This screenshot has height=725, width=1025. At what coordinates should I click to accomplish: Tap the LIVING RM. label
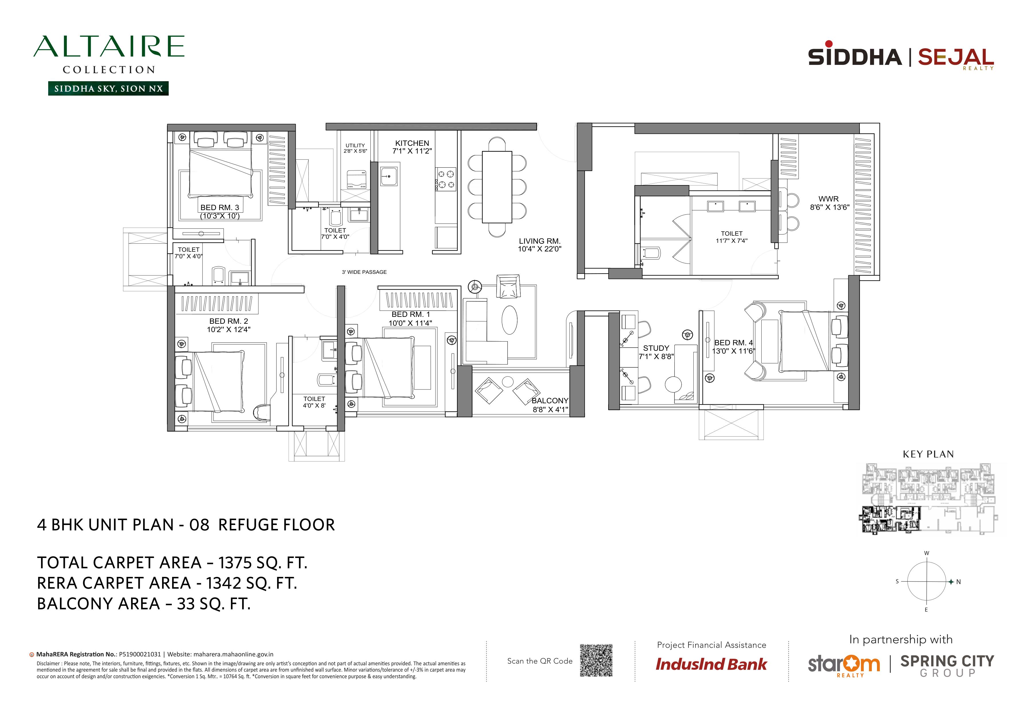click(x=540, y=241)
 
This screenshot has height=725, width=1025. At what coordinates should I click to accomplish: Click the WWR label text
click(x=828, y=199)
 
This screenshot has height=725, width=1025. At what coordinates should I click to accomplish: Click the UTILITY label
click(x=355, y=146)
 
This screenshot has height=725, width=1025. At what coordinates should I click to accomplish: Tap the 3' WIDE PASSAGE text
click(x=364, y=272)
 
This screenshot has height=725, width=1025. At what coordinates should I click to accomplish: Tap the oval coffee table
click(x=509, y=320)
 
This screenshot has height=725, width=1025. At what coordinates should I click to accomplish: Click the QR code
click(x=596, y=660)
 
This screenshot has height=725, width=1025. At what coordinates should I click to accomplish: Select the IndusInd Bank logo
click(x=711, y=664)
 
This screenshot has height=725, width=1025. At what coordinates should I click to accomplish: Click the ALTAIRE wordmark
click(x=109, y=46)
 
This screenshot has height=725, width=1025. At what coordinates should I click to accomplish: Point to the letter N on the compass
click(x=958, y=582)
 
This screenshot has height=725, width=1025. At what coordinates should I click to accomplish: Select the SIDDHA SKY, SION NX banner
click(x=108, y=88)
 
